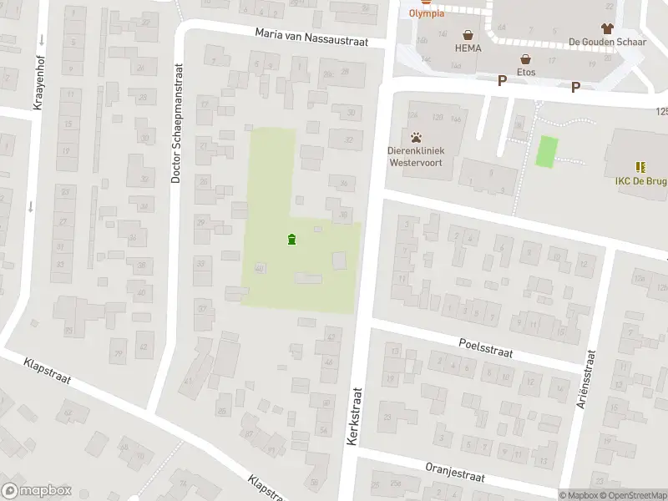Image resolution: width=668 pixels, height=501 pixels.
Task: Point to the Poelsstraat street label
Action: click(485, 348)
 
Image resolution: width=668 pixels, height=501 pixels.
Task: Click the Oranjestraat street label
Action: click(455, 473)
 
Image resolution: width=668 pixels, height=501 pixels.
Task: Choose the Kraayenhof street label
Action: click(38, 84)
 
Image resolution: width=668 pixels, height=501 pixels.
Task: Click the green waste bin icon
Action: click(291, 240)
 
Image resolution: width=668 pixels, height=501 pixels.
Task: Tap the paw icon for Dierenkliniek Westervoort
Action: click(416, 137)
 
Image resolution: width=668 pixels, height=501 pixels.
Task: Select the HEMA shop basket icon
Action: click(468, 36)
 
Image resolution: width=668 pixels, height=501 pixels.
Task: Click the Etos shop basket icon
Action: click(526, 59)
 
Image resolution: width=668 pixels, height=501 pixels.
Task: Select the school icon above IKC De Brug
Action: click(640, 167)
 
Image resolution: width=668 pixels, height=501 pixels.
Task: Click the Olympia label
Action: click(427, 13)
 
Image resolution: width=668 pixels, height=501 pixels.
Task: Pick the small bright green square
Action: click(546, 150)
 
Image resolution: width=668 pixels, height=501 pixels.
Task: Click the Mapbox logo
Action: click(37, 491)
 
